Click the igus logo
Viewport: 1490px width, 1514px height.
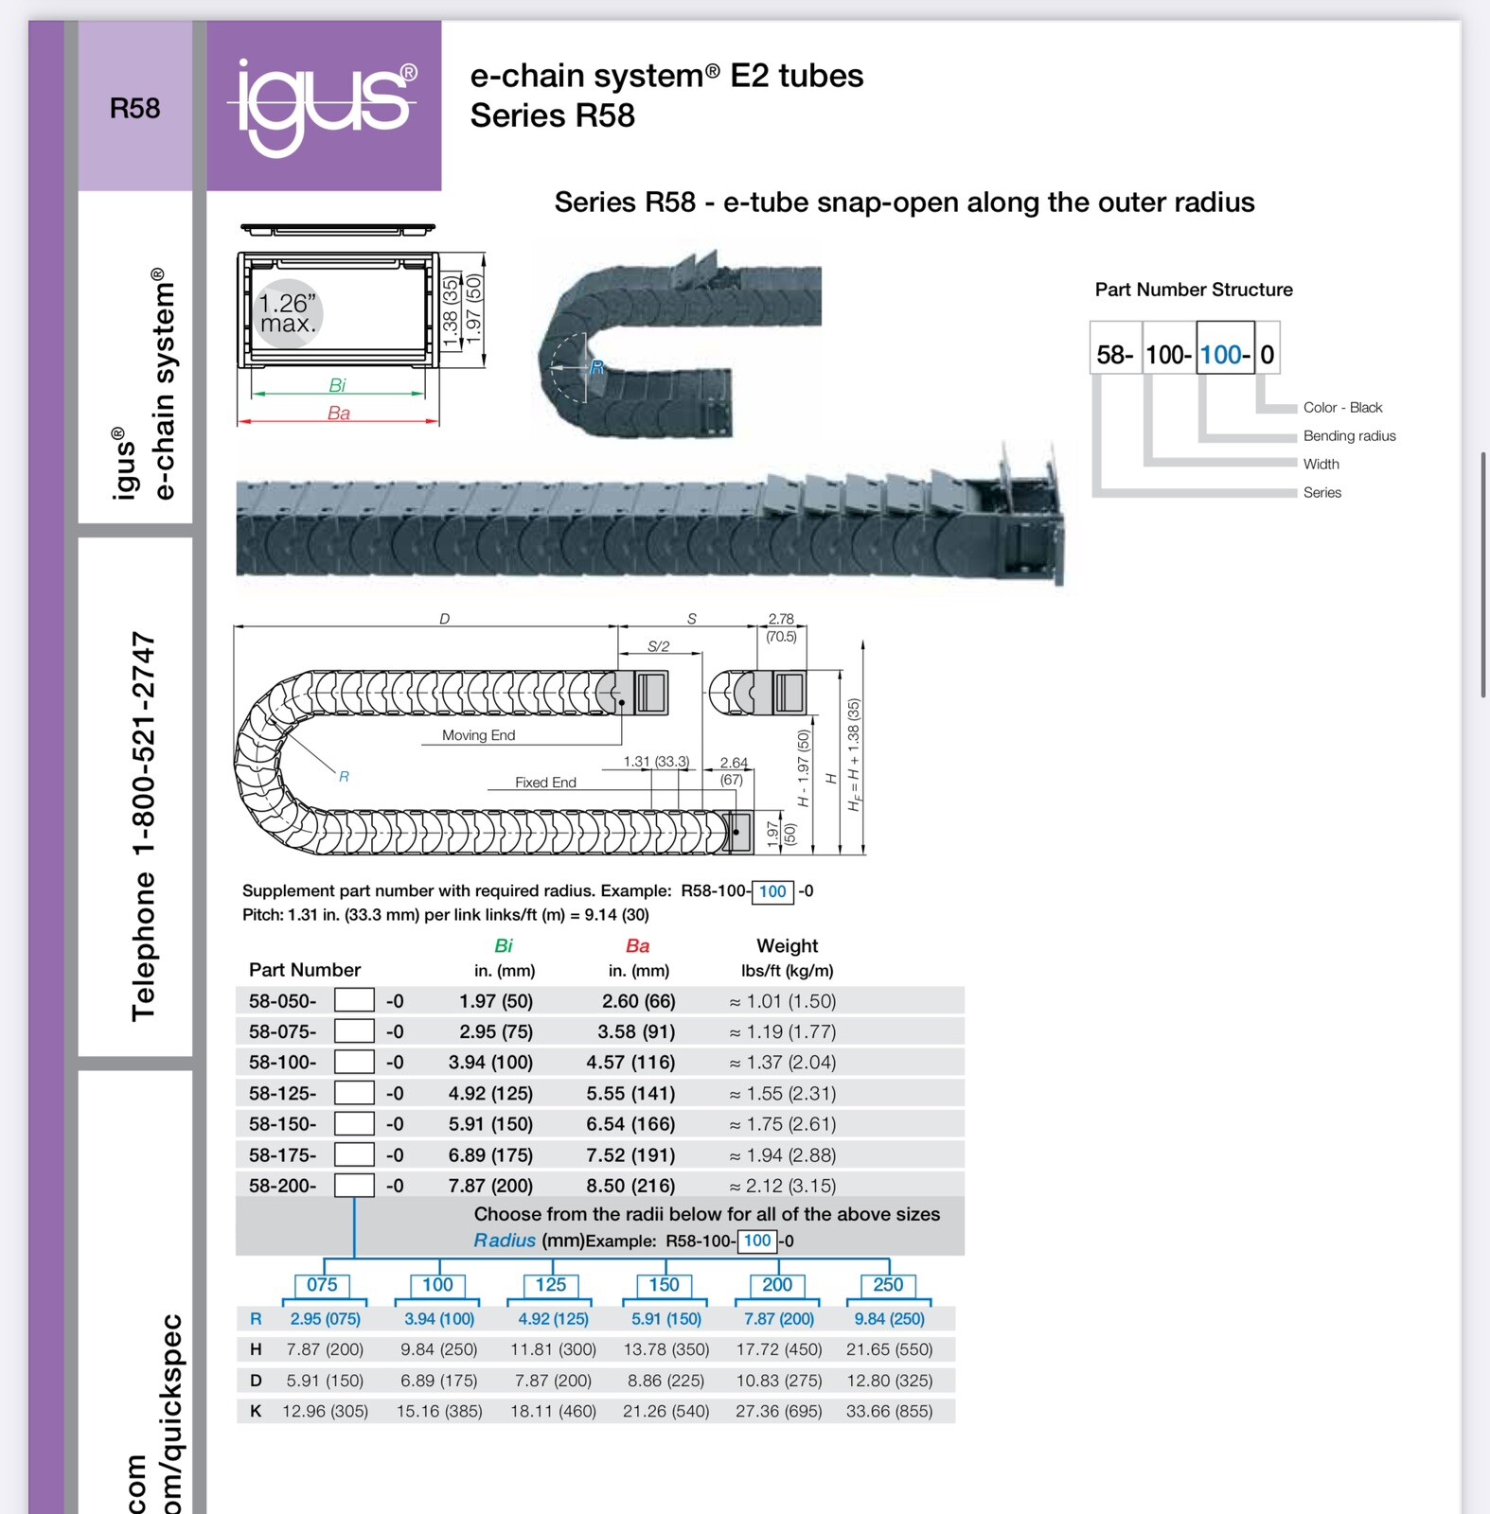tap(323, 106)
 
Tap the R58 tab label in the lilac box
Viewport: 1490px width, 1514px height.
tap(134, 108)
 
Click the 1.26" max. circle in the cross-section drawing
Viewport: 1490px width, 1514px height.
tap(288, 313)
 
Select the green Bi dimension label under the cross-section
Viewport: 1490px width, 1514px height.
tap(337, 385)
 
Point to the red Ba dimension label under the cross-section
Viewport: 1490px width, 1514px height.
tap(338, 414)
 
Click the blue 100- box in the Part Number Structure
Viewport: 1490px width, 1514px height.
tap(1224, 355)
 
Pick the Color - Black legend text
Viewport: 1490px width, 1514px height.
tap(1341, 408)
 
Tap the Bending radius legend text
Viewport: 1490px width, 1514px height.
tap(1348, 436)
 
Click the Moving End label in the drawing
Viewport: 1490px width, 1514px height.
tap(478, 735)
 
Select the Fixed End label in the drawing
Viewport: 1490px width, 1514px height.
tap(545, 783)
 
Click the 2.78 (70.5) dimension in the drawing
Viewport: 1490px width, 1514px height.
tap(781, 627)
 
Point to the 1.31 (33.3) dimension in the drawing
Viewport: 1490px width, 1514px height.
tap(656, 762)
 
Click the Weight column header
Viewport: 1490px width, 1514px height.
tap(787, 946)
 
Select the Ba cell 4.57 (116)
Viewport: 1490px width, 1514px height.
tap(630, 1063)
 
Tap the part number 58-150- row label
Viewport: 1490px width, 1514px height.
tap(282, 1124)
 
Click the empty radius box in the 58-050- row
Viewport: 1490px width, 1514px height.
tap(354, 1001)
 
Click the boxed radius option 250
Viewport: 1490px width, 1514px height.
tap(887, 1285)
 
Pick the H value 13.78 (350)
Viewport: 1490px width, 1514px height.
tap(665, 1349)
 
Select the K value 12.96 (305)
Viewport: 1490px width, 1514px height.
tap(325, 1412)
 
